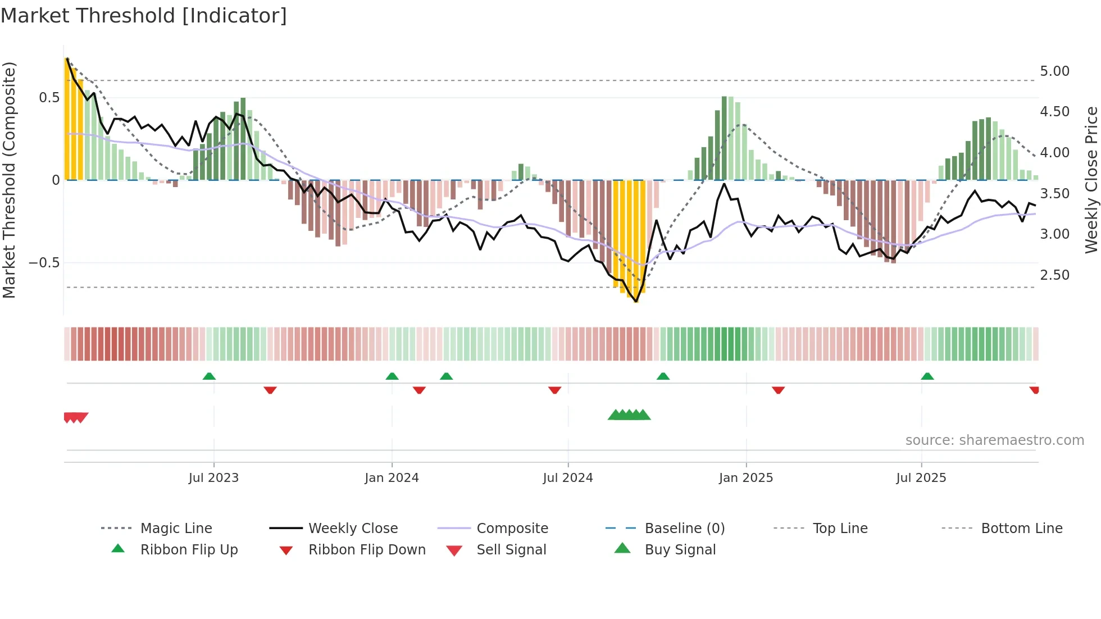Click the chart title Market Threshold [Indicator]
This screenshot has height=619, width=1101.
click(x=144, y=16)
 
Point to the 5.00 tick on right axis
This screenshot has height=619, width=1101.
click(x=1054, y=71)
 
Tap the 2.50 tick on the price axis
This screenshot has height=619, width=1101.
click(x=1054, y=275)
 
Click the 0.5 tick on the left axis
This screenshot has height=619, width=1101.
click(x=49, y=98)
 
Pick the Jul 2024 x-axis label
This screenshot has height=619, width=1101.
click(x=567, y=478)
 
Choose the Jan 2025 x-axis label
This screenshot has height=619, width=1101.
click(x=745, y=478)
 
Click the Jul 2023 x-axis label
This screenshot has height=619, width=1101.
click(x=213, y=478)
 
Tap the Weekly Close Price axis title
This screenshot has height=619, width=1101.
click(x=1090, y=180)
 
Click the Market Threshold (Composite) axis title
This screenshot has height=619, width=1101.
click(x=10, y=180)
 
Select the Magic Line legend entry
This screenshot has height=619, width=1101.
click(x=176, y=529)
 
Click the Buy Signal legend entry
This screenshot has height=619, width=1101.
click(x=680, y=550)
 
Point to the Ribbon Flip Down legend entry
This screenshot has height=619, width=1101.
click(x=366, y=550)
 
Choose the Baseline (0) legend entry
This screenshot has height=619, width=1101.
click(x=684, y=529)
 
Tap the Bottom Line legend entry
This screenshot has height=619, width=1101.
click(x=1021, y=529)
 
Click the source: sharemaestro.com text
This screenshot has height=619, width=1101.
click(x=994, y=440)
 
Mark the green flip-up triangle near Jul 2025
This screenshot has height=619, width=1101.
click(x=927, y=376)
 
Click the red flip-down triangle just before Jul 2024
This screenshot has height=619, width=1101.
click(x=554, y=390)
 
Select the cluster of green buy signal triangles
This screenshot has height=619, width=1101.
click(x=629, y=415)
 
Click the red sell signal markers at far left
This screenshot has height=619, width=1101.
click(x=75, y=417)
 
